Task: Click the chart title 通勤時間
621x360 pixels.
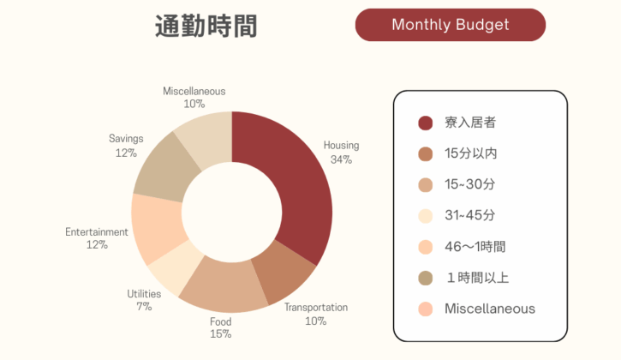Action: [x=206, y=26]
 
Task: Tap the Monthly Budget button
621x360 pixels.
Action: [x=450, y=25]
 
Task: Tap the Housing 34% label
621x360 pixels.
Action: [x=341, y=152]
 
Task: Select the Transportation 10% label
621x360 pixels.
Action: [x=316, y=314]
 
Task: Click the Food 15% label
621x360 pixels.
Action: [x=221, y=328]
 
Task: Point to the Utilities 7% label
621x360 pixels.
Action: [x=144, y=300]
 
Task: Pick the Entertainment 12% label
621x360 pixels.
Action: [x=97, y=238]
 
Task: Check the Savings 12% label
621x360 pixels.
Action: [x=126, y=145]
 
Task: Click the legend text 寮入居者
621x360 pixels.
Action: [x=470, y=123]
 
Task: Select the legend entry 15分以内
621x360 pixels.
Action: [x=470, y=153]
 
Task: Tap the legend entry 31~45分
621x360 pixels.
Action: [x=469, y=215]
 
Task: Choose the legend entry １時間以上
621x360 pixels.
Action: [x=477, y=277]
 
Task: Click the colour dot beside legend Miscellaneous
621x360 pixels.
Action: [x=425, y=309]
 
